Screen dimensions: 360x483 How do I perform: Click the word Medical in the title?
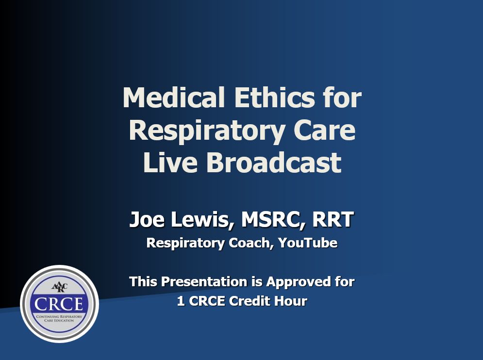point(173,98)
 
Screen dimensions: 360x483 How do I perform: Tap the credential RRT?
point(333,220)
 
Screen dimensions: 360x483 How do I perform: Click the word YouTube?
point(308,243)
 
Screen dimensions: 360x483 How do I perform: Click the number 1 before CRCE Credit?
point(181,301)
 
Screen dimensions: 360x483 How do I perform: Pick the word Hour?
point(292,301)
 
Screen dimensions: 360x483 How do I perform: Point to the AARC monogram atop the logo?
point(59,287)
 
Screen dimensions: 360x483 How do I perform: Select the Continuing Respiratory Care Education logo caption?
point(59,318)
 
